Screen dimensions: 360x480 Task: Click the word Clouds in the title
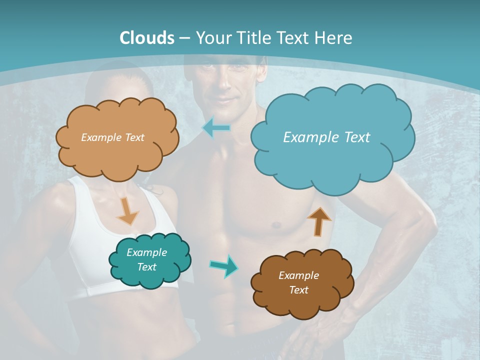pos(147,38)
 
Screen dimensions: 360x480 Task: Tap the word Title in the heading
pos(252,38)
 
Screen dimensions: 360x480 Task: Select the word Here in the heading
pos(334,38)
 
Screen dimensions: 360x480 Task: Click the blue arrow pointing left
pos(216,127)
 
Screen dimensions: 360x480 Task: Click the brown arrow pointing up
pos(318,221)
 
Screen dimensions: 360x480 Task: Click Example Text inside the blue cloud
pos(326,137)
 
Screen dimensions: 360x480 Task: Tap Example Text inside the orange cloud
pos(112,137)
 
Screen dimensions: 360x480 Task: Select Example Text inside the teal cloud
pos(146,260)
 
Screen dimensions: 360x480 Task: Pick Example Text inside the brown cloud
pos(298,283)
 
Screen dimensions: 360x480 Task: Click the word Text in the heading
pos(295,38)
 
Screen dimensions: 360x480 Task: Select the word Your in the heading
pos(212,38)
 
